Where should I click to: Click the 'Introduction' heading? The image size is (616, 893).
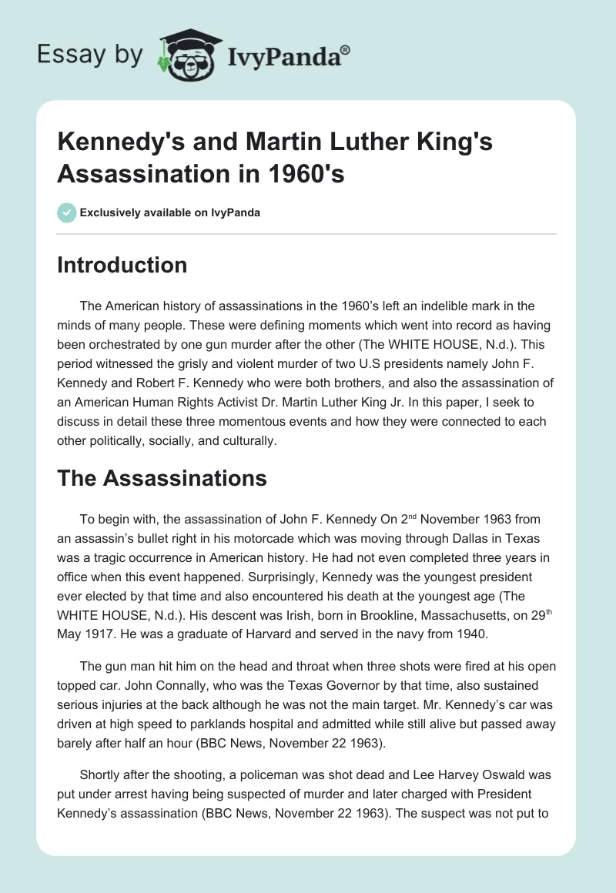[122, 265]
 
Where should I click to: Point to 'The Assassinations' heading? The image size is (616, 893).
[162, 478]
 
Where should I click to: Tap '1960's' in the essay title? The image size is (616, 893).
[304, 174]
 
